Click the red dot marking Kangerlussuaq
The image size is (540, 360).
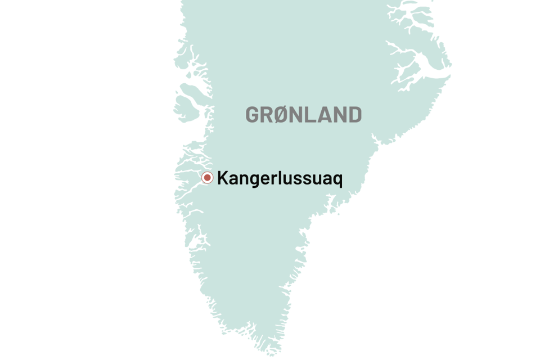[x=208, y=178]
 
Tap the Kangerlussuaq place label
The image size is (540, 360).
[x=280, y=179]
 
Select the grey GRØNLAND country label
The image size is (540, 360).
[x=303, y=115]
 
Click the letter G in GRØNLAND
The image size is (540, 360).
[x=253, y=115]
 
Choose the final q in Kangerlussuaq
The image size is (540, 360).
[x=337, y=180]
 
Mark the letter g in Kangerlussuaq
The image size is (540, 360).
[x=251, y=180]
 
